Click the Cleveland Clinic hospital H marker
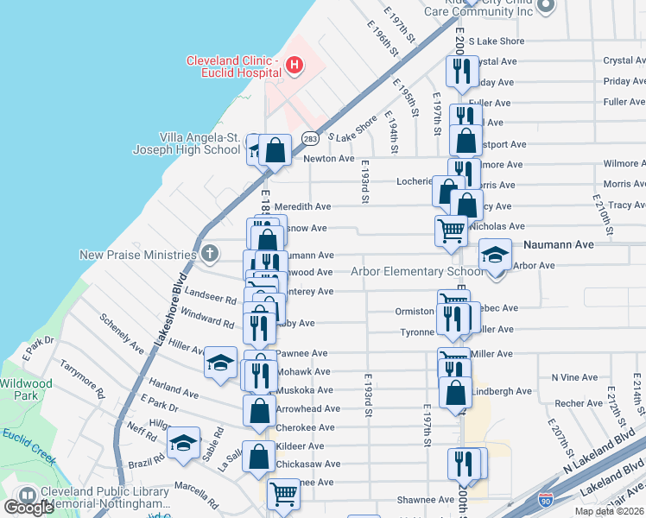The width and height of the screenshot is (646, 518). [294, 65]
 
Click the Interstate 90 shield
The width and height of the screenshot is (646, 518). [545, 500]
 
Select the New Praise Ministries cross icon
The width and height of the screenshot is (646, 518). [210, 255]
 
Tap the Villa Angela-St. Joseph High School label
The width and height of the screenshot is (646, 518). [186, 143]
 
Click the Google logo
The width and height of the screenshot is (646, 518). [29, 507]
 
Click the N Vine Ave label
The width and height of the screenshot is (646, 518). [573, 377]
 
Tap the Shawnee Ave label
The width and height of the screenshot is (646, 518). [425, 499]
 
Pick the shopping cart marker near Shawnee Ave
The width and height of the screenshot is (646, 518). [284, 494]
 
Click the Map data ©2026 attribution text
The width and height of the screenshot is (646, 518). [606, 511]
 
